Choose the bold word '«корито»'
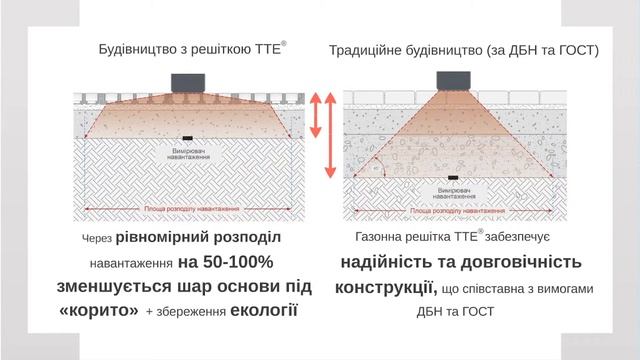coord(99,310)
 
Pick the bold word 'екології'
coord(265,310)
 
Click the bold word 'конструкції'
coord(386,288)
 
